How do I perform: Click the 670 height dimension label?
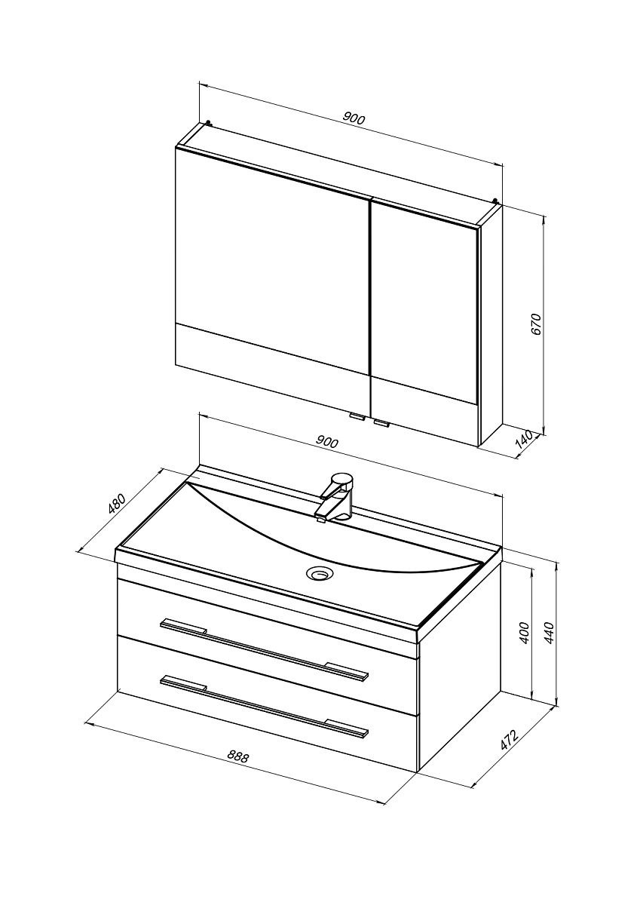pyautogui.click(x=536, y=324)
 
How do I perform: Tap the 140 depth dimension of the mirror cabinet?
pyautogui.click(x=525, y=442)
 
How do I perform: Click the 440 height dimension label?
pyautogui.click(x=550, y=633)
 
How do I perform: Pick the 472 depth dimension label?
pyautogui.click(x=509, y=740)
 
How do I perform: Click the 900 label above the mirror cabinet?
pyautogui.click(x=354, y=118)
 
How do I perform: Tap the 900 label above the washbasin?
pyautogui.click(x=327, y=442)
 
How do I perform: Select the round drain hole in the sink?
pyautogui.click(x=320, y=572)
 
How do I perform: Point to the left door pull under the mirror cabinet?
pyautogui.click(x=357, y=418)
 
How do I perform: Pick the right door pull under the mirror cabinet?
pyautogui.click(x=381, y=424)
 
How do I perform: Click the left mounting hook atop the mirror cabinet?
pyautogui.click(x=208, y=122)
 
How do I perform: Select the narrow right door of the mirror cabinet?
pyautogui.click(x=424, y=323)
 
